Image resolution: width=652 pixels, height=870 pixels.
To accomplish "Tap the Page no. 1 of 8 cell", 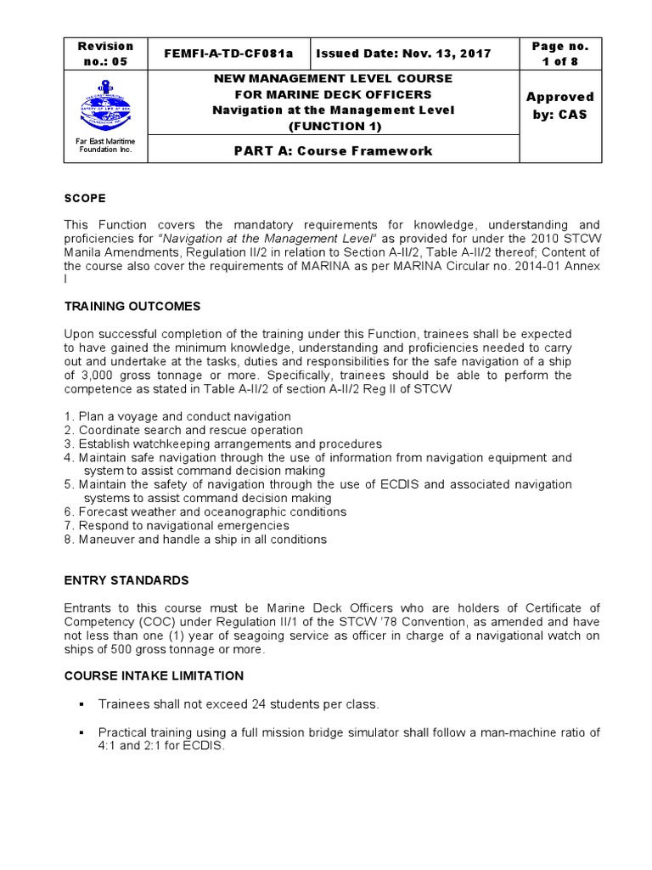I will click(559, 54).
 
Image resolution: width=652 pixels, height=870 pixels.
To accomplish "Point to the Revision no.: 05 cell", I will click(105, 54).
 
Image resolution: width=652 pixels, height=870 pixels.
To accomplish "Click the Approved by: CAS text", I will click(559, 105).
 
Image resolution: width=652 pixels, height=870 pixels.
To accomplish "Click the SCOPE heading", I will click(85, 198).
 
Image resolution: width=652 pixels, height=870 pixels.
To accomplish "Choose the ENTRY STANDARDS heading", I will click(126, 580).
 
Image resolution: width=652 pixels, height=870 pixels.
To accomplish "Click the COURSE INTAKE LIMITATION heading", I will click(154, 675).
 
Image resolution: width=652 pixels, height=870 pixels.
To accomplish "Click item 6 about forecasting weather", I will click(205, 512).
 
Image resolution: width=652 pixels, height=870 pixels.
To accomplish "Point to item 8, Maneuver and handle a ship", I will click(195, 540).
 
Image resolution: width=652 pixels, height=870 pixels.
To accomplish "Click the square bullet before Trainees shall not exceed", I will click(83, 703).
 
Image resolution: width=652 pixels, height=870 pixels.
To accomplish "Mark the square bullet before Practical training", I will click(83, 732).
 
